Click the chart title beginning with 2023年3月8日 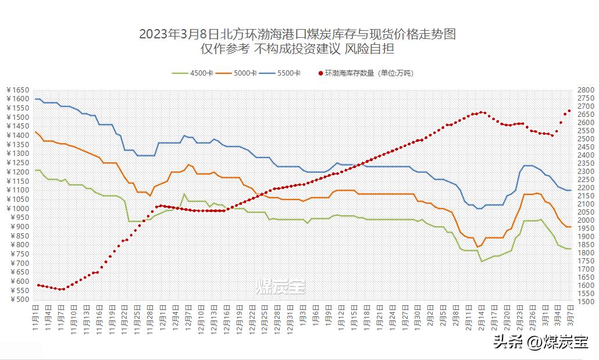(x=297, y=34)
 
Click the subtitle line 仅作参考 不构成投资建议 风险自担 (x=297, y=49)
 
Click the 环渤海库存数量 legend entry (x=366, y=73)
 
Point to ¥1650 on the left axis (x=17, y=90)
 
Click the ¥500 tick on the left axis (x=19, y=300)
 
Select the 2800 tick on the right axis (x=584, y=90)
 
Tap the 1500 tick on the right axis (x=584, y=302)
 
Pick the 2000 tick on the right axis (x=584, y=220)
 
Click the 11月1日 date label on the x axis (x=35, y=320)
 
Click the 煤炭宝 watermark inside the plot (x=281, y=286)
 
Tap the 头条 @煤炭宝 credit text (x=540, y=341)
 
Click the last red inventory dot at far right (x=569, y=111)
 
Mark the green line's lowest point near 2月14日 (x=482, y=261)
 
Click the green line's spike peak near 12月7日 (x=184, y=194)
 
